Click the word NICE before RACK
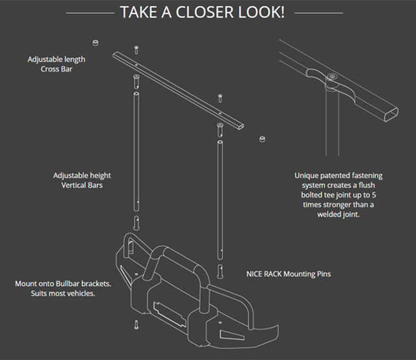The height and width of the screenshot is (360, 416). [x=256, y=274]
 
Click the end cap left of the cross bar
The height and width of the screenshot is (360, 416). [x=96, y=43]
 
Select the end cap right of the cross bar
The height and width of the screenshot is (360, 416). [x=263, y=139]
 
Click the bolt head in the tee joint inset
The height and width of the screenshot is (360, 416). [x=332, y=77]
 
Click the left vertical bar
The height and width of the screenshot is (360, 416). [x=136, y=149]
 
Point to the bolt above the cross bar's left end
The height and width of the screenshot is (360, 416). [x=136, y=50]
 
